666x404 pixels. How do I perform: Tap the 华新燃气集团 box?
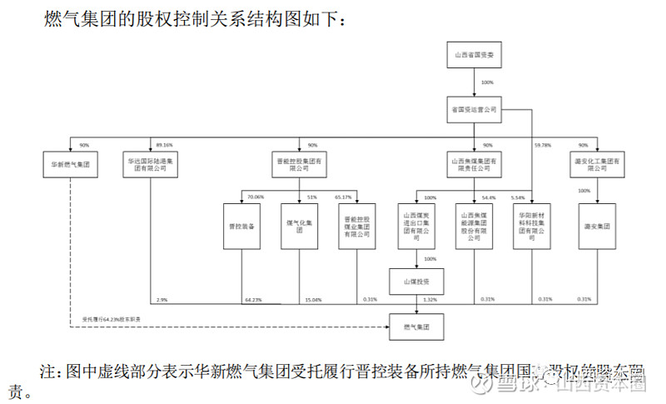pyautogui.click(x=72, y=163)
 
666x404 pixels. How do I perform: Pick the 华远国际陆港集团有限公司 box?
pyautogui.click(x=150, y=163)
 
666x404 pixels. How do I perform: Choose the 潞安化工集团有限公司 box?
pyautogui.click(x=597, y=163)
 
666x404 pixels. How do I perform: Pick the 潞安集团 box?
pyautogui.click(x=597, y=226)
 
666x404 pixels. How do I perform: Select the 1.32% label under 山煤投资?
pyautogui.click(x=430, y=299)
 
